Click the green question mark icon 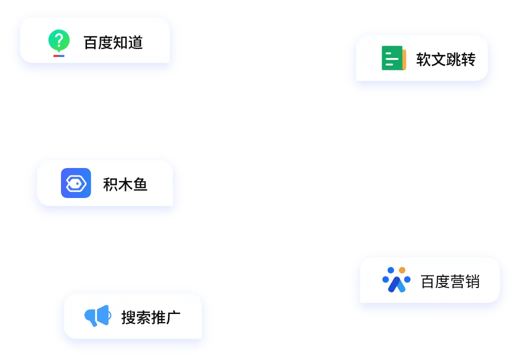(58, 40)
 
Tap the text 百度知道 (113, 42)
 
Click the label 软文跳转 (445, 59)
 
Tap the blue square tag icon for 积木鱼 (76, 183)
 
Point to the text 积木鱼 (125, 184)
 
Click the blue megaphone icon (97, 315)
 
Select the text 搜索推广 (150, 317)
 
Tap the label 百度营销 (450, 281)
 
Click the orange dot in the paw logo (402, 270)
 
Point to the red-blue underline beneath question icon (59, 55)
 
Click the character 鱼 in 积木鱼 (140, 184)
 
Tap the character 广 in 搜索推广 (173, 317)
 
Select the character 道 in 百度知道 (135, 42)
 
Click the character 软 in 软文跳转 (423, 59)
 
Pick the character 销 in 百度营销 (472, 281)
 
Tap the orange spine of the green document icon (404, 59)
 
